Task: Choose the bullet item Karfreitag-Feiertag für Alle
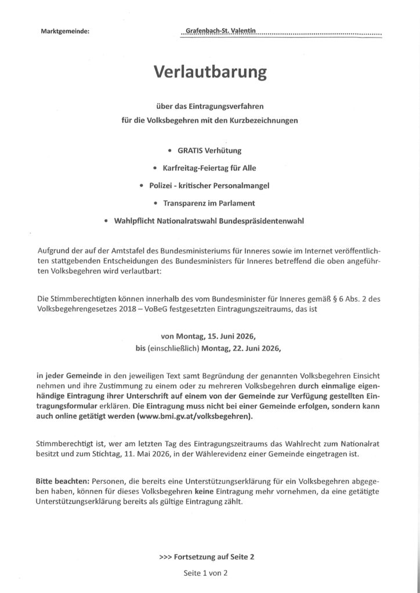[x=210, y=168]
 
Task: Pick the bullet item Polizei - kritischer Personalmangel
[x=210, y=185]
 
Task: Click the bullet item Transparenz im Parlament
[x=210, y=203]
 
